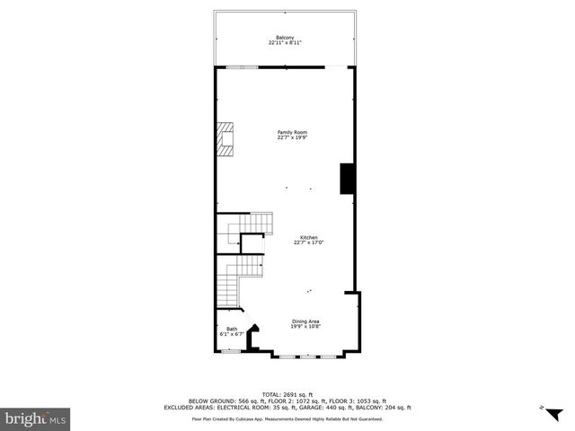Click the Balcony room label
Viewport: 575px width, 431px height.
coord(285,37)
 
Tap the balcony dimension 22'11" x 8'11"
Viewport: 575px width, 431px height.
coord(285,42)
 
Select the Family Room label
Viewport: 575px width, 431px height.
coord(286,132)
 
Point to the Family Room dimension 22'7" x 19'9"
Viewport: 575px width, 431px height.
coord(286,137)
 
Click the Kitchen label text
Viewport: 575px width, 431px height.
coord(308,237)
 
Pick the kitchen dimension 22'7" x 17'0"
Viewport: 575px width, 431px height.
coord(308,242)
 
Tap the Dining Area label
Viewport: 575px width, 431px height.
coord(305,321)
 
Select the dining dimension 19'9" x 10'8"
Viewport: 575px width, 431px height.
coord(305,327)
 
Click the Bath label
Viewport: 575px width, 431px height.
coord(232,329)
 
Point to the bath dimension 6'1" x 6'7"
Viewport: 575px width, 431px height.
coord(232,334)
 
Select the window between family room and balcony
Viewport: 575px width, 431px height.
coord(243,66)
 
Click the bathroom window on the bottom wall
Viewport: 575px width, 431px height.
coord(231,351)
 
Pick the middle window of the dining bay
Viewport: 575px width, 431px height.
coord(305,356)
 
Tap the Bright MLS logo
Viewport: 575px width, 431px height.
coord(35,418)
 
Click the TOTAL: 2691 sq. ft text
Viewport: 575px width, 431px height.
coord(287,394)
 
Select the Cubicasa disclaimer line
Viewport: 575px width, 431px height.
coord(287,418)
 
